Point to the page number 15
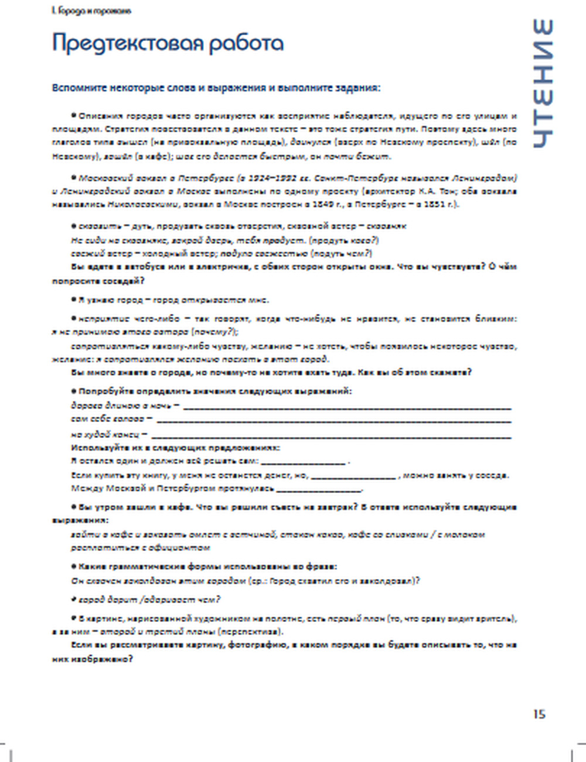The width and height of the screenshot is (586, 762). (x=539, y=714)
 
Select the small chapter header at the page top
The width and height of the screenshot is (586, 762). (x=91, y=11)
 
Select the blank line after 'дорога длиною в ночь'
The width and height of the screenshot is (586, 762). (x=347, y=407)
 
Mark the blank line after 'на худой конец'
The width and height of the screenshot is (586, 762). (x=331, y=436)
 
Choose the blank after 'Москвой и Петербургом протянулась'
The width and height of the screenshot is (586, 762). (x=319, y=489)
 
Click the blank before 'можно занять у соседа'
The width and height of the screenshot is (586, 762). (x=353, y=477)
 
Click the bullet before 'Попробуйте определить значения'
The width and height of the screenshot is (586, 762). (x=74, y=391)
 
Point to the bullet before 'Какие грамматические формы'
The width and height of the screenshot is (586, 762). (x=74, y=567)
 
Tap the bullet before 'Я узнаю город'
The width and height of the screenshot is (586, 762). (x=74, y=300)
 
